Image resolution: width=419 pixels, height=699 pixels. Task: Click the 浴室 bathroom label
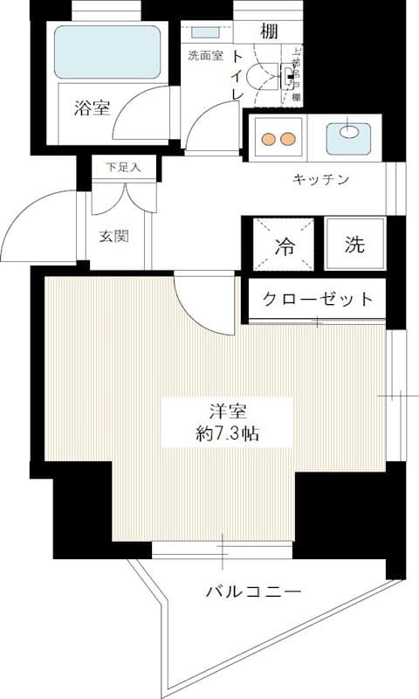pyautogui.click(x=92, y=108)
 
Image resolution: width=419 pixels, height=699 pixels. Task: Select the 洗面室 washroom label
pyautogui.click(x=205, y=56)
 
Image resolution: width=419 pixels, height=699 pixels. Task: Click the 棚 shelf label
pyautogui.click(x=268, y=31)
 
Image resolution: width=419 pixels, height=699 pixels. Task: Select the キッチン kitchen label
pyautogui.click(x=320, y=180)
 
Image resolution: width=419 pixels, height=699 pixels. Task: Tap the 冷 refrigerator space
pyautogui.click(x=285, y=246)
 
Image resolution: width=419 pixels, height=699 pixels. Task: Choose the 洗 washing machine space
pyautogui.click(x=354, y=245)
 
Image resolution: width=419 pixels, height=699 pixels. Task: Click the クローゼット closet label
pyautogui.click(x=319, y=299)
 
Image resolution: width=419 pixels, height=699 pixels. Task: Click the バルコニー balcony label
pyautogui.click(x=254, y=592)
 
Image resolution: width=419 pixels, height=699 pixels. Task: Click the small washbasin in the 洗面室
pyautogui.click(x=206, y=33)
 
